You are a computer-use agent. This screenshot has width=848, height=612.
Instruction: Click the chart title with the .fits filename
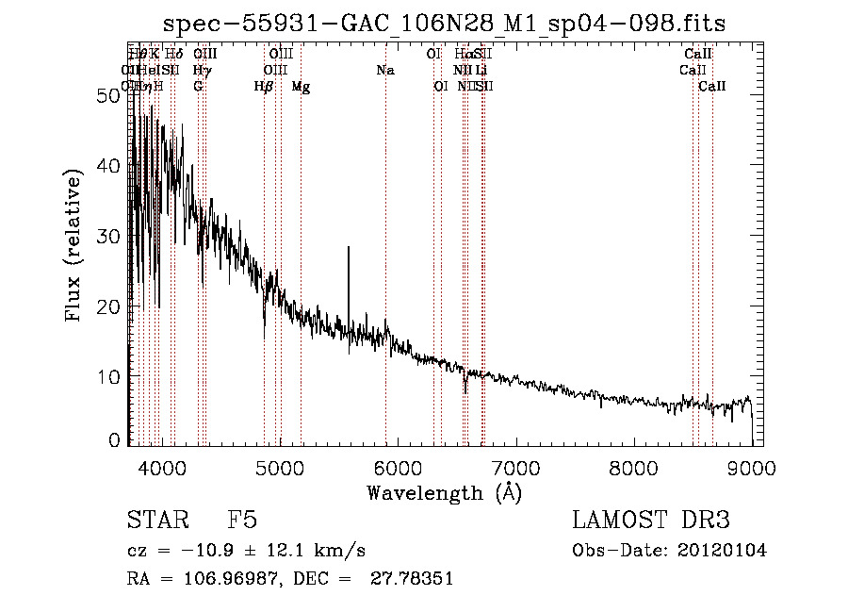point(445,24)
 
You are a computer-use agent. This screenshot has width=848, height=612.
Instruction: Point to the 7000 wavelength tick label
point(515,467)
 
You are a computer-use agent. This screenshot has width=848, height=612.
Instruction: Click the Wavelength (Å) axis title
point(444,492)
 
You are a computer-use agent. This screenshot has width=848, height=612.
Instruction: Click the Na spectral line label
point(384,70)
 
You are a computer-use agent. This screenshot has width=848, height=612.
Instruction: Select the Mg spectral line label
point(301,87)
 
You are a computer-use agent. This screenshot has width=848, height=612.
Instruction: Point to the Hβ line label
point(264,87)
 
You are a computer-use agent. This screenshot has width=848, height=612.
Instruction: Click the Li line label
point(481,70)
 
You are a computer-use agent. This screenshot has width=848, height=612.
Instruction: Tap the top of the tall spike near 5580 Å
point(349,248)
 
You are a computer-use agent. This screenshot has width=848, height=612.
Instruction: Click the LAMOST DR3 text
point(650,521)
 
